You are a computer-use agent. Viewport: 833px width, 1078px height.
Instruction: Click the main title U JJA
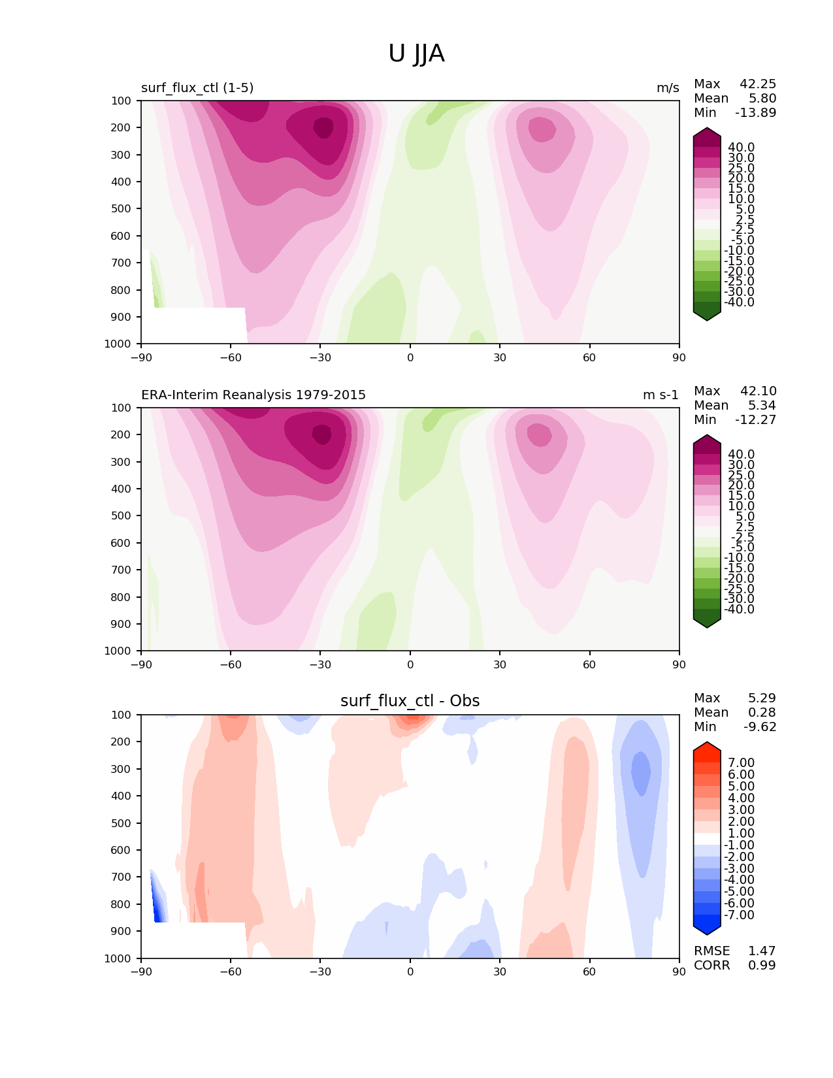416,54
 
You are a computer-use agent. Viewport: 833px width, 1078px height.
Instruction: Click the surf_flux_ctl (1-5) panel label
197,88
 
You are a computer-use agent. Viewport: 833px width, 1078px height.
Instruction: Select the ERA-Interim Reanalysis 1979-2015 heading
253,395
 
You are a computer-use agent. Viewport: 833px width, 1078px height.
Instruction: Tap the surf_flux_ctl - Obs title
410,701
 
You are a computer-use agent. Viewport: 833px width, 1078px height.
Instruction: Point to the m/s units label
668,88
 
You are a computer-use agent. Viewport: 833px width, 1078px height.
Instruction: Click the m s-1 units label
661,395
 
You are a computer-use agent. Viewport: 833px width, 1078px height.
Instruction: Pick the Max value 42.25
758,84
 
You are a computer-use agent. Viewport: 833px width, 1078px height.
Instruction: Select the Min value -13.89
755,112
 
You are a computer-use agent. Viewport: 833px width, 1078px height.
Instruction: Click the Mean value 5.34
762,405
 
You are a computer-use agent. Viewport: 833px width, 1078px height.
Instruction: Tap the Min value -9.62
760,727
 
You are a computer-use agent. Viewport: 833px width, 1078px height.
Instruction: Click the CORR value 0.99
762,965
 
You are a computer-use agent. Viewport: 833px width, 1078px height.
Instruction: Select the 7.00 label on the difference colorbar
741,762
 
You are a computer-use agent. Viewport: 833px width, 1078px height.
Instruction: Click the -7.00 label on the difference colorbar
739,915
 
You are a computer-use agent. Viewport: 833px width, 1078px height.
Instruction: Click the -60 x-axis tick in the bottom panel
231,972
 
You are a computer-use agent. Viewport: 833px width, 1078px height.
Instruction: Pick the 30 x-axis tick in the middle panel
500,664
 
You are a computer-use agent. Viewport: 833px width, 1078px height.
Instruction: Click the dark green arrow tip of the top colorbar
707,316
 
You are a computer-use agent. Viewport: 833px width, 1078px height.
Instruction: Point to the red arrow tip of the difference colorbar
707,747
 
